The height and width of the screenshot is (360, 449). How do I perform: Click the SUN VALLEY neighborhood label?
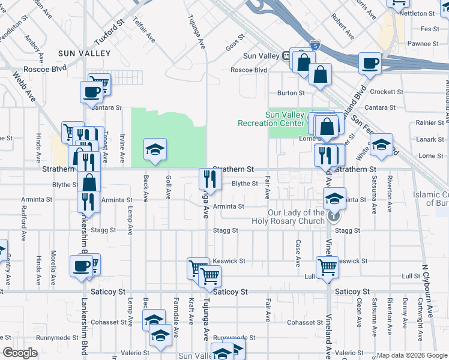point(84,53)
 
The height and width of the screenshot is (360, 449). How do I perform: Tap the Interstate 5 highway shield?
point(315,45)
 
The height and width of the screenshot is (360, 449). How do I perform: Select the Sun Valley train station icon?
point(287,56)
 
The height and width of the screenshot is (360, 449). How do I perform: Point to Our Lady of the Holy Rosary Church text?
point(296,217)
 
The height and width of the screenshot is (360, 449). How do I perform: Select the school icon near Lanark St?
point(381,144)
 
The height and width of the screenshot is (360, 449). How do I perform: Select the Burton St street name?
point(291,93)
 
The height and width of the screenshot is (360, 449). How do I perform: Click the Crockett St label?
point(387,92)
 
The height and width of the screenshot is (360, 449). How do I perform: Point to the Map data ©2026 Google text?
point(411,355)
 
